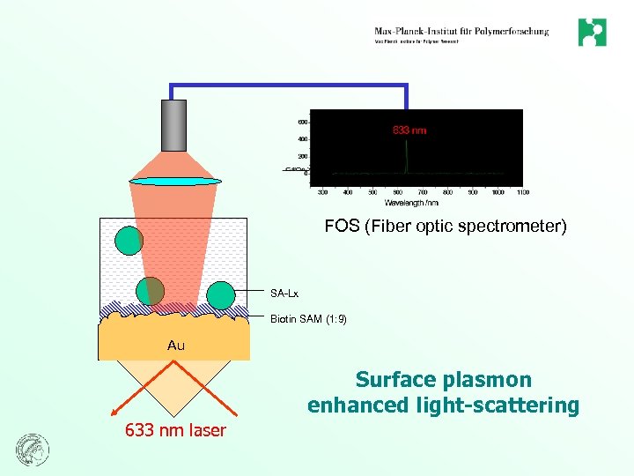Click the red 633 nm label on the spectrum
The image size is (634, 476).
[409, 130]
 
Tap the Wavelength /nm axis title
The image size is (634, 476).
[411, 202]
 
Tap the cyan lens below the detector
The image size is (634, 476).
[174, 181]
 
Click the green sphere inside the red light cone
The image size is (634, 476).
[151, 291]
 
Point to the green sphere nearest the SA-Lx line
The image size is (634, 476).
[221, 294]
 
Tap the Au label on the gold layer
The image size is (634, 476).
[176, 346]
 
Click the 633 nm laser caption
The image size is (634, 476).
[175, 431]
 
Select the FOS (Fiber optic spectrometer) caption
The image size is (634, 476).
[446, 227]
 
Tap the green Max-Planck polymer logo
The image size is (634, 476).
[592, 33]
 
